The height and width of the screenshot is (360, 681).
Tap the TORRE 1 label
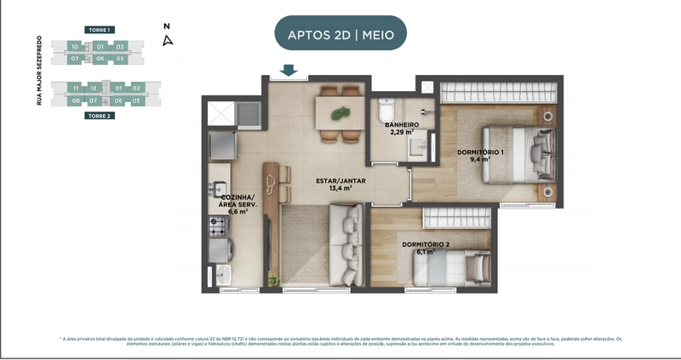click(x=100, y=30)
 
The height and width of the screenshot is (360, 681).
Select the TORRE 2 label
click(x=100, y=115)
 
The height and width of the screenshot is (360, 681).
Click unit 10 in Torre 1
click(x=75, y=46)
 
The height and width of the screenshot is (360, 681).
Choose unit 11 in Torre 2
click(x=76, y=88)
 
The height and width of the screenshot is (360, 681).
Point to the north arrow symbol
click(x=168, y=38)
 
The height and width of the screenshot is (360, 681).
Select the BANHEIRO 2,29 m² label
click(x=402, y=129)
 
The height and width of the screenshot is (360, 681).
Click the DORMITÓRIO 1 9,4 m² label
click(x=480, y=155)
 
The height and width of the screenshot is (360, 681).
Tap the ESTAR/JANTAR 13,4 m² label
click(x=335, y=183)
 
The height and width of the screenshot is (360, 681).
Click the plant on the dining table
click(x=339, y=111)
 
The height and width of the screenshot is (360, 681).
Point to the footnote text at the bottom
click(x=340, y=341)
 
